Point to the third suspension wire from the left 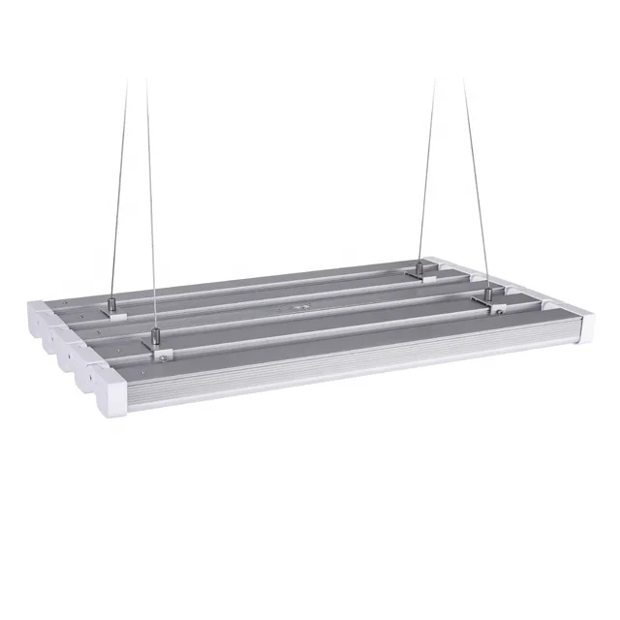pyautogui.click(x=425, y=174)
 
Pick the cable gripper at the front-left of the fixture pyautogui.click(x=152, y=336)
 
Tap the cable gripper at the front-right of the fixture pyautogui.click(x=490, y=292)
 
